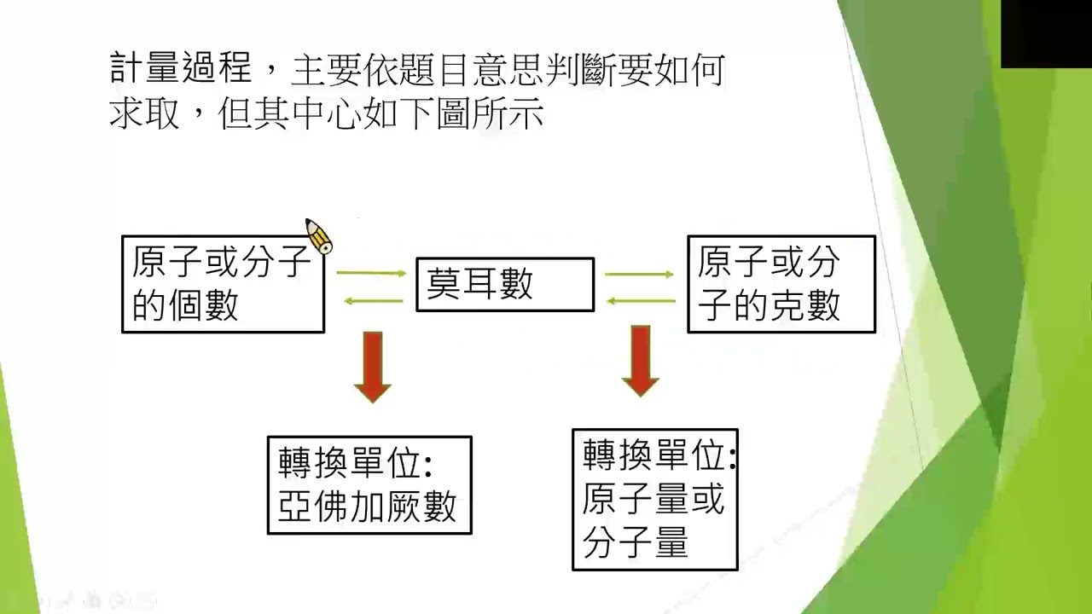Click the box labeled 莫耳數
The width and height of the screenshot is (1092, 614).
pyautogui.click(x=505, y=284)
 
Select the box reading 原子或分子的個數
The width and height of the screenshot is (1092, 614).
pyautogui.click(x=224, y=284)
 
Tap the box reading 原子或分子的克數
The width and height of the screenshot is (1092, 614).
pyautogui.click(x=781, y=284)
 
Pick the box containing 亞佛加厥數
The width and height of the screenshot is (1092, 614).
pyautogui.click(x=369, y=485)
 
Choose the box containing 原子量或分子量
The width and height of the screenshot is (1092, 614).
pyautogui.click(x=655, y=500)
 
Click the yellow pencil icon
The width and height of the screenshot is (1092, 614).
pyautogui.click(x=318, y=235)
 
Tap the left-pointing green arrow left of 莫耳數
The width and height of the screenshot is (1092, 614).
pyautogui.click(x=372, y=300)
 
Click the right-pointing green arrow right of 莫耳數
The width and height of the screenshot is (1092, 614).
pyautogui.click(x=640, y=275)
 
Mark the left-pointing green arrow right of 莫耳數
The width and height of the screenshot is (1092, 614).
pyautogui.click(x=640, y=300)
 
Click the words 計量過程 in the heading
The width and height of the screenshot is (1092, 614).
pyautogui.click(x=181, y=68)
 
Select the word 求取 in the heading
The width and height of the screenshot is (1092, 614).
pyautogui.click(x=144, y=113)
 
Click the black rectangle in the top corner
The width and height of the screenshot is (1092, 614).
pyautogui.click(x=1046, y=34)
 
